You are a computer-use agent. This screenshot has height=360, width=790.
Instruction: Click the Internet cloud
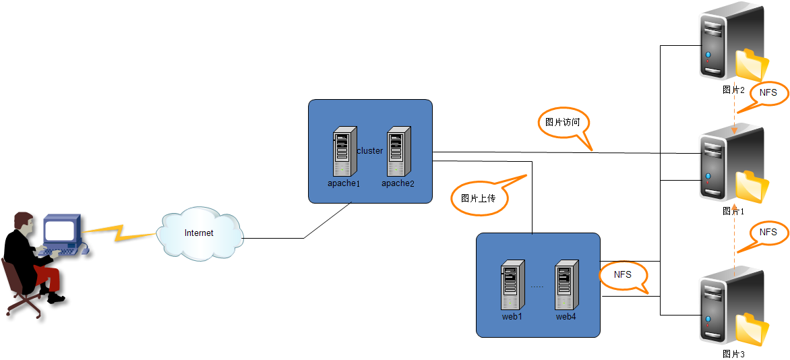click(200, 234)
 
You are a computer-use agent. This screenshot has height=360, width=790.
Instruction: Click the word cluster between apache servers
click(370, 151)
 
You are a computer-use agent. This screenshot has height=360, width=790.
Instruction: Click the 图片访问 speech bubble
click(564, 123)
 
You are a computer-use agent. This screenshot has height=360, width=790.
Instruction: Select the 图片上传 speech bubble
click(479, 199)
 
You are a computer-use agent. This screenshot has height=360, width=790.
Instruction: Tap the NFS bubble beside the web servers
click(623, 275)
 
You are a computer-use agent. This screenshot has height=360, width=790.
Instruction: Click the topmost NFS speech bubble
click(768, 93)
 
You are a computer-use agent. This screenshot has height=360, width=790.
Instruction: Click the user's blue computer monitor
click(61, 231)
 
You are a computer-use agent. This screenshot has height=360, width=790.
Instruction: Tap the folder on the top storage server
click(752, 65)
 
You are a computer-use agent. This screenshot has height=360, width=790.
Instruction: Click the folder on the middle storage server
click(752, 186)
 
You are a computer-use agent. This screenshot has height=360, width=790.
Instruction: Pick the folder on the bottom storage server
click(752, 329)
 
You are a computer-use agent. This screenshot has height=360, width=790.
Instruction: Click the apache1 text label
click(344, 183)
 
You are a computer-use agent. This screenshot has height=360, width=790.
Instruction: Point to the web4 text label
click(566, 316)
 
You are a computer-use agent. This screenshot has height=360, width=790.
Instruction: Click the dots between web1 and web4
click(537, 287)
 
